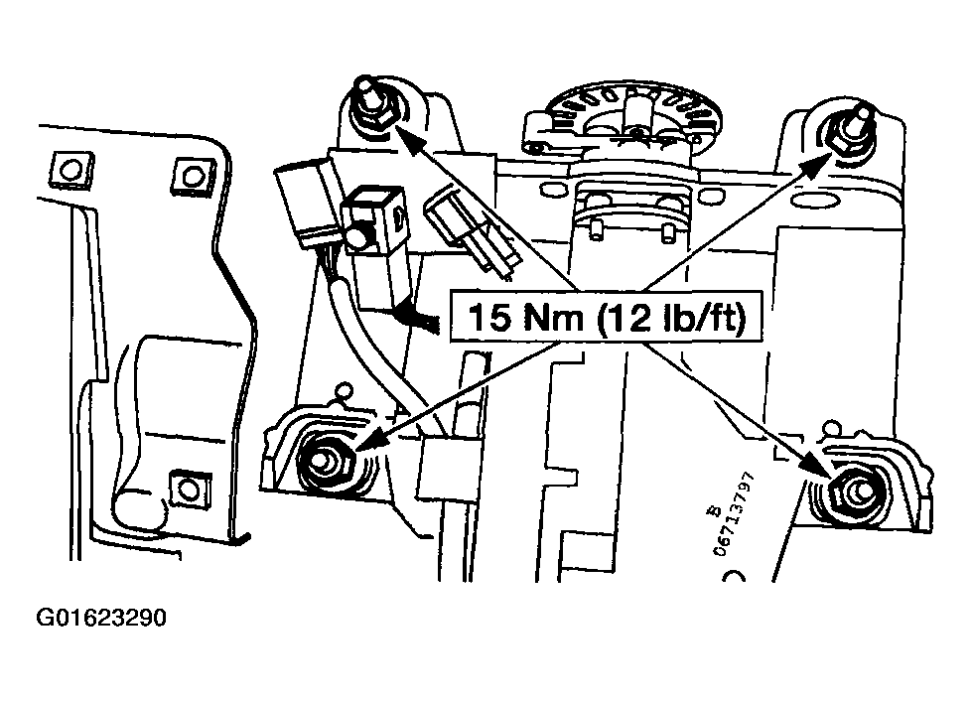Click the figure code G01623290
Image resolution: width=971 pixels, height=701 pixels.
pos(100,620)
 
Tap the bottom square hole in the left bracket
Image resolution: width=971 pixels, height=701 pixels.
pos(185,488)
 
